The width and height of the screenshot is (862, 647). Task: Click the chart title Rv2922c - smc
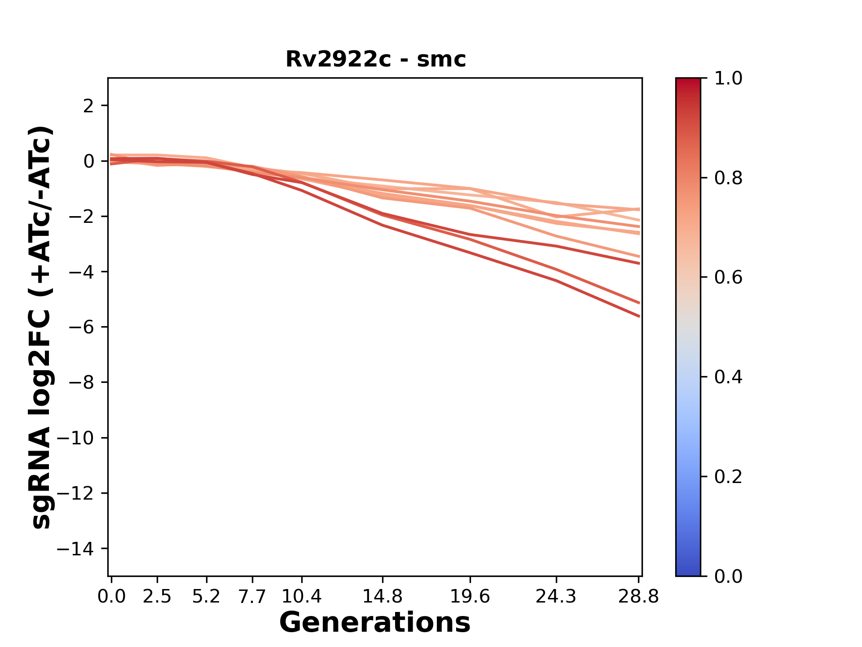[x=375, y=59]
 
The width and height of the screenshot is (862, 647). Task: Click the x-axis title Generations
[x=375, y=623]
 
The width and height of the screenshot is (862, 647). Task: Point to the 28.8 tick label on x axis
[x=638, y=597]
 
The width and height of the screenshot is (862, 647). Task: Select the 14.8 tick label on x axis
[x=383, y=597]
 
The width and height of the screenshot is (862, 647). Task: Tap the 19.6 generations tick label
[x=470, y=597]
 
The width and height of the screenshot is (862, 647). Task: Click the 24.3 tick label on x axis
[x=556, y=597]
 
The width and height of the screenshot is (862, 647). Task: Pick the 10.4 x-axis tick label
[x=302, y=597]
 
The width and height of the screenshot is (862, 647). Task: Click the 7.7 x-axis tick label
[x=253, y=597]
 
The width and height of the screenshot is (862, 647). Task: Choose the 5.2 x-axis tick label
[x=206, y=597]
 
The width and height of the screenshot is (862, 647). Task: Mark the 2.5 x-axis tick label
[x=157, y=597]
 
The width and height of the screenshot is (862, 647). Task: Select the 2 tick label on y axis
[x=89, y=106]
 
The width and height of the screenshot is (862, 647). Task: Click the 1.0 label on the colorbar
[x=728, y=79]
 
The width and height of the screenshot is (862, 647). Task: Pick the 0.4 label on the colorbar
[x=728, y=377]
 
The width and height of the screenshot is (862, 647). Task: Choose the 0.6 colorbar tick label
[x=728, y=278]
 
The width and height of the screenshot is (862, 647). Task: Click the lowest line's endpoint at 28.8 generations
[x=639, y=316]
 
